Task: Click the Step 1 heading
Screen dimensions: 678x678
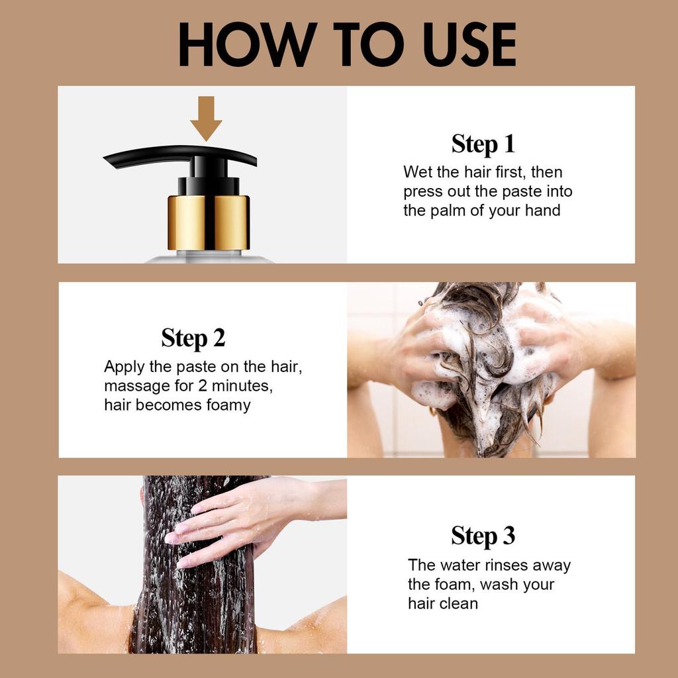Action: [483, 144]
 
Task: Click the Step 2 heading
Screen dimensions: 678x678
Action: [193, 338]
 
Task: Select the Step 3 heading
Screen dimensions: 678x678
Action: [483, 536]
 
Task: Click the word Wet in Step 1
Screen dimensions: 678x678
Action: [418, 172]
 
